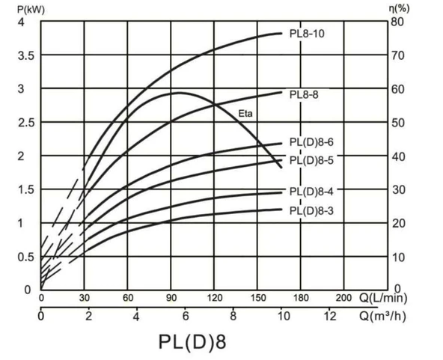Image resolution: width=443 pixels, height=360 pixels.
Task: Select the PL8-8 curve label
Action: (305, 95)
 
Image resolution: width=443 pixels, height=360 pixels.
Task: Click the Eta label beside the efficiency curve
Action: (246, 114)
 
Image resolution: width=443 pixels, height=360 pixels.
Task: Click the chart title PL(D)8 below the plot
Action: (192, 341)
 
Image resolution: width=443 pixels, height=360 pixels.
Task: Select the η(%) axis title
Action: (401, 9)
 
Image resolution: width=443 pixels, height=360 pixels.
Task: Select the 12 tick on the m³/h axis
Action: (329, 316)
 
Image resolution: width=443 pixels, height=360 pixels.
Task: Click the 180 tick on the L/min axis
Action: (301, 298)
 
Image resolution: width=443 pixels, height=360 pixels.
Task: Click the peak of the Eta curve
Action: (179, 93)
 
